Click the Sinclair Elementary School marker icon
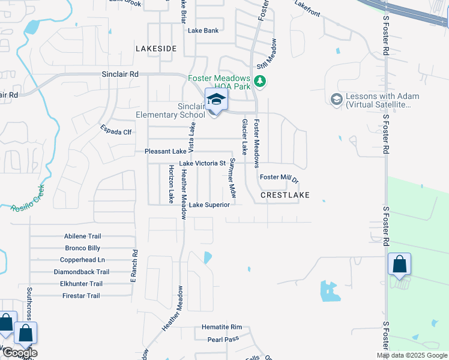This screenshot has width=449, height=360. (217, 100)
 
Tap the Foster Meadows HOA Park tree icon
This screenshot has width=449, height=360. (260, 81)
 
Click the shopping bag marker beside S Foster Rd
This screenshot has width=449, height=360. (400, 265)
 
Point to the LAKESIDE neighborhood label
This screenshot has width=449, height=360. (156, 48)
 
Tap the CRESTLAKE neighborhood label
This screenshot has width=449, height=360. (285, 196)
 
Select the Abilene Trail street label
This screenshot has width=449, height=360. (82, 236)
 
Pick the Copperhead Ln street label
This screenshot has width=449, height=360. (82, 260)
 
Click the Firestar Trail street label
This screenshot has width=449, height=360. (81, 296)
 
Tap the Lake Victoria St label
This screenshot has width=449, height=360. (202, 163)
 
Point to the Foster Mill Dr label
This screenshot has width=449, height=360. (279, 178)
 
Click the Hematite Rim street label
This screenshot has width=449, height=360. (221, 328)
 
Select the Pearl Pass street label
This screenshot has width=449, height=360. (223, 339)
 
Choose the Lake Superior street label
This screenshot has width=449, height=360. (209, 205)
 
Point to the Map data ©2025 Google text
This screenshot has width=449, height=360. (411, 355)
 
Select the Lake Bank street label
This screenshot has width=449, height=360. (203, 31)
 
